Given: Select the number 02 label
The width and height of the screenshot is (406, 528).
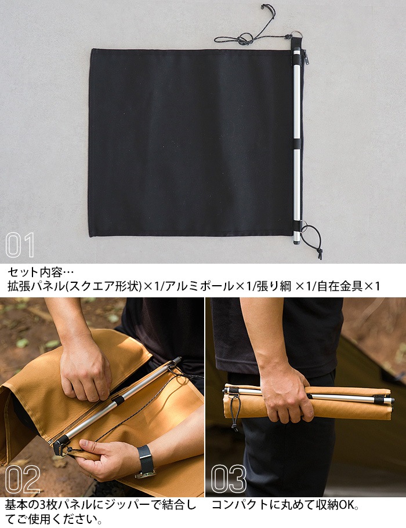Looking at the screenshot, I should [x=23, y=479].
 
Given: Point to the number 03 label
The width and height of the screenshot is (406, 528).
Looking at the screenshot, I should [x=229, y=479].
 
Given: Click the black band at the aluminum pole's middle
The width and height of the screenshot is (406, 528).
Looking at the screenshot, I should [x=297, y=144].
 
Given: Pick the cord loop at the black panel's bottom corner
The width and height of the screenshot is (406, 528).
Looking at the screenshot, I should [x=311, y=235].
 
